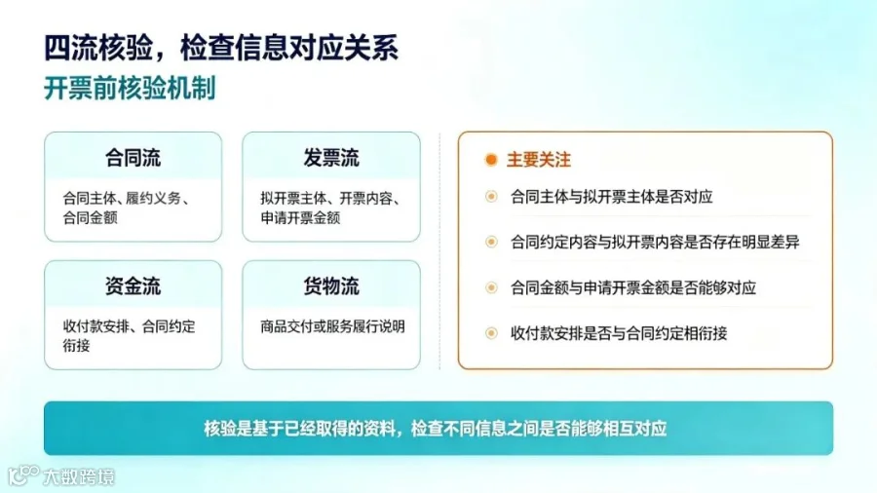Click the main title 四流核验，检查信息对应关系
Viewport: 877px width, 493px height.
tap(221, 48)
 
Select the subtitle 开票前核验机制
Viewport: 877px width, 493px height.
tap(130, 89)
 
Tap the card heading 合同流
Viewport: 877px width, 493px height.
tap(133, 158)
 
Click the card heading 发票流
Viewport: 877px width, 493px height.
tap(331, 158)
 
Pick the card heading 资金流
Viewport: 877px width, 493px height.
tap(133, 286)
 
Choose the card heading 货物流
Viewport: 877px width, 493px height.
tap(331, 286)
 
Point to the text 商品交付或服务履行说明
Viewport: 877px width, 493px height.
tap(333, 326)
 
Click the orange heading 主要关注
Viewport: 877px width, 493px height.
tap(539, 160)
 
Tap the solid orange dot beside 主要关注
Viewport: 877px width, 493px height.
tap(491, 160)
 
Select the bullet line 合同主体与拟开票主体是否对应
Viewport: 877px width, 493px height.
tap(612, 197)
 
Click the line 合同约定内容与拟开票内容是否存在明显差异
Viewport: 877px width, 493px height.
tap(655, 242)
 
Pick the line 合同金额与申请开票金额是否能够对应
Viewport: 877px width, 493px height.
tap(633, 287)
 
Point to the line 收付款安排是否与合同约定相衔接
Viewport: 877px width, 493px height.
tap(619, 333)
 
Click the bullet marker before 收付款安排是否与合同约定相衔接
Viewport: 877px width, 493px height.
tap(491, 333)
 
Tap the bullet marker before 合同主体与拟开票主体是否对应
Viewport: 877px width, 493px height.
tap(491, 197)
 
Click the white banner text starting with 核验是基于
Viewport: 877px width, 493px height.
tap(436, 429)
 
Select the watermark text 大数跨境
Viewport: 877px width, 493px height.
tap(79, 476)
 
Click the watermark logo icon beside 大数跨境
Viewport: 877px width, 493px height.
tap(23, 475)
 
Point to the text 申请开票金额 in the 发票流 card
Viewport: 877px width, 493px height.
tap(300, 217)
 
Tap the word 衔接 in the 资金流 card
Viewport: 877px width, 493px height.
tap(76, 346)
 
